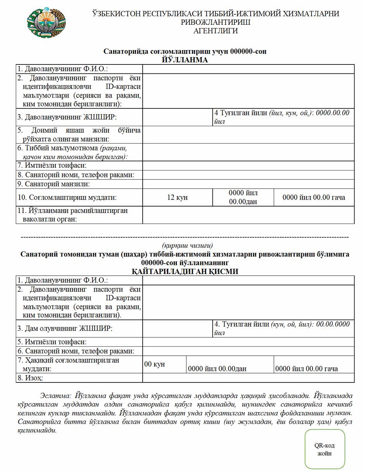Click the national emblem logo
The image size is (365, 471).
point(46,22)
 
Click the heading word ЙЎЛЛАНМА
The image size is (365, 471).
point(185,60)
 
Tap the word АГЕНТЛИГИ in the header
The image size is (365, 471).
point(215,31)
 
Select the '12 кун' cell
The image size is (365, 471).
point(177,197)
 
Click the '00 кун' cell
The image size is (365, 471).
point(155,364)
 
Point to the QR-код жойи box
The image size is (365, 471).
point(324,449)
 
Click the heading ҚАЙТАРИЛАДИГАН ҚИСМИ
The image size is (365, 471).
point(185,271)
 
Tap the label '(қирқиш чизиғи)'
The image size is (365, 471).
point(187,245)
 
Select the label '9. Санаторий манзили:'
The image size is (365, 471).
point(53,184)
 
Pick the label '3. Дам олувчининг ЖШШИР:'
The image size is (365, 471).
point(65,328)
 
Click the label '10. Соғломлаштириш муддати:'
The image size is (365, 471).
point(67,197)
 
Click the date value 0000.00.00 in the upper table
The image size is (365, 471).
point(332,113)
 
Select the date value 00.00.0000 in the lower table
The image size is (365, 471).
point(333,324)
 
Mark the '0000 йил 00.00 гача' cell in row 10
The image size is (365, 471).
point(313,197)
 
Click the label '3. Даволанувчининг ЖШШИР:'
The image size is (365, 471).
point(67,117)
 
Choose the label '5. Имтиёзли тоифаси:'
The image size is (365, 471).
point(52,342)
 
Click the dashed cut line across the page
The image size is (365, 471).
point(184,237)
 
